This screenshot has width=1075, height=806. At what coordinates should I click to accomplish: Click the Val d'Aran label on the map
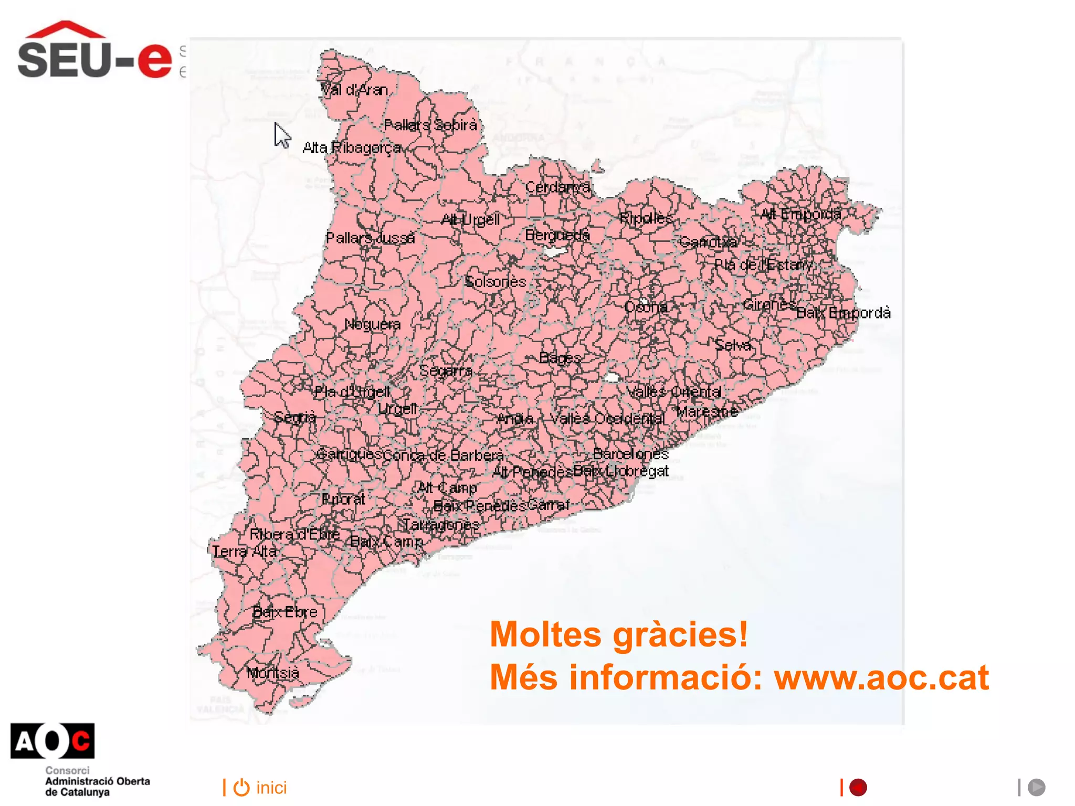coord(354,90)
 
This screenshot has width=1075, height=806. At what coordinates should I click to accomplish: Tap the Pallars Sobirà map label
coord(430,125)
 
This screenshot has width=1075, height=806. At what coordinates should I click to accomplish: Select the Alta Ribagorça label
coord(352,148)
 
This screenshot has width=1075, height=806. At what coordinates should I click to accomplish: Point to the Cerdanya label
coord(557,187)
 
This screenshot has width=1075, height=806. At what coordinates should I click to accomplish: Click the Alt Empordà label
coord(800,214)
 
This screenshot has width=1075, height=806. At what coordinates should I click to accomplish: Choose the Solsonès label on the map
coord(495,282)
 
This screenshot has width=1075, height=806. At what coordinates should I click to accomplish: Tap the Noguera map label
coord(372,324)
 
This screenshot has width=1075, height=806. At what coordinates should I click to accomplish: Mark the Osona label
coord(646,306)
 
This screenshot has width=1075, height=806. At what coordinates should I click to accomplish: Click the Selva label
coord(733,345)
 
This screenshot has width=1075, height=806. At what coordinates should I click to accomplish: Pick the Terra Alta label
coord(244,552)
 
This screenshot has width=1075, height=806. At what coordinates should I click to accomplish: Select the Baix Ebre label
coord(284,612)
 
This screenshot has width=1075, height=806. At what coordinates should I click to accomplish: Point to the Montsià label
coord(272,673)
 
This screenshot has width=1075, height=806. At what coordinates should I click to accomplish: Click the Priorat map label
coord(343,499)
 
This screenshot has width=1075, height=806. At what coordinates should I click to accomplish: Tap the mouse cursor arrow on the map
coord(282,135)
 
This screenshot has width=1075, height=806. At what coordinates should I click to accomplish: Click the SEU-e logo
coord(94,51)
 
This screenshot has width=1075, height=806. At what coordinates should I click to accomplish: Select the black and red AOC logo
coord(52,741)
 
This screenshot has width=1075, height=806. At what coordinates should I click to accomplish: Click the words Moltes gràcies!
coord(618,634)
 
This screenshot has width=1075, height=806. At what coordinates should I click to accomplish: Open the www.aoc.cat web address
coord(881,677)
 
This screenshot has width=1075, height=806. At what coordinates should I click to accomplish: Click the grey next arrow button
coord(1036,787)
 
